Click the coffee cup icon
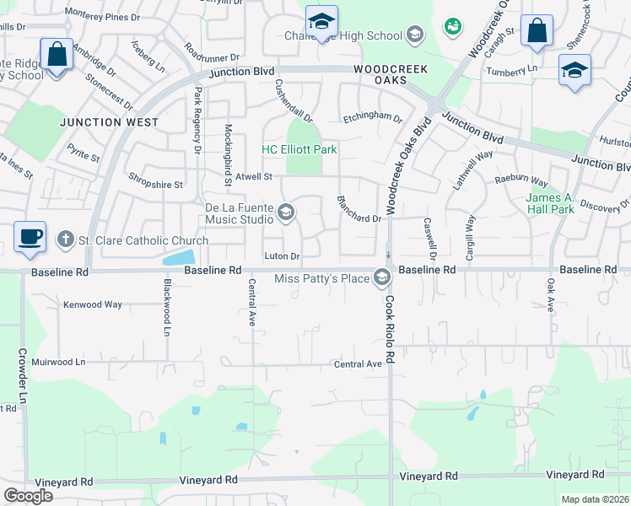click(x=30, y=236)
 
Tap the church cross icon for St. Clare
click(x=65, y=240)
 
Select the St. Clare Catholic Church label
click(x=143, y=241)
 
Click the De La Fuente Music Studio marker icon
click(x=287, y=213)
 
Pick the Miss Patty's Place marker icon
click(x=383, y=277)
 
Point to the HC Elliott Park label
click(x=299, y=149)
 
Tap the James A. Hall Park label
click(x=550, y=204)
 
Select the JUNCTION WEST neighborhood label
click(x=109, y=122)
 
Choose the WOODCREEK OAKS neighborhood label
click(x=391, y=73)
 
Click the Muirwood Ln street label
click(x=58, y=362)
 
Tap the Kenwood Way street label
click(x=93, y=304)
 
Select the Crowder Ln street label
click(x=19, y=376)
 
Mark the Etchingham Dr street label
click(x=372, y=119)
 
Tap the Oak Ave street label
click(x=550, y=296)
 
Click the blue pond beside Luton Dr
click(x=179, y=257)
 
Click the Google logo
click(x=28, y=496)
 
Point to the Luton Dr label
click(x=282, y=256)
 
